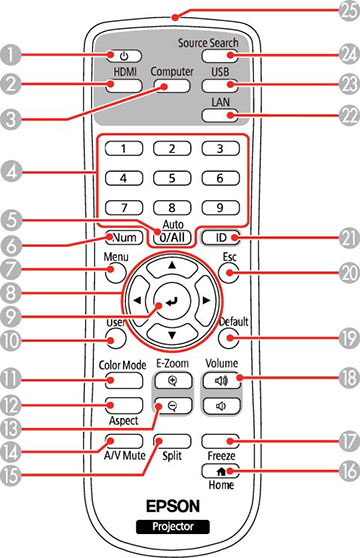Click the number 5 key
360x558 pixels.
coord(173,178)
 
